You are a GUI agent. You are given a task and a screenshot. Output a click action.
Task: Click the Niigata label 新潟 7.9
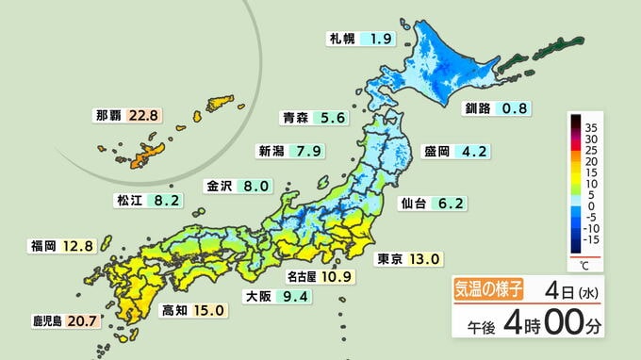(x=291, y=151)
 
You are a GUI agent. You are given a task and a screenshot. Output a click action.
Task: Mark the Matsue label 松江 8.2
(x=148, y=200)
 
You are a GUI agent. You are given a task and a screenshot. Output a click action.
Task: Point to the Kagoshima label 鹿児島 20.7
(x=63, y=321)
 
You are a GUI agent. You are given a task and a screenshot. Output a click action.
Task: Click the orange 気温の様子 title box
(x=492, y=289)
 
